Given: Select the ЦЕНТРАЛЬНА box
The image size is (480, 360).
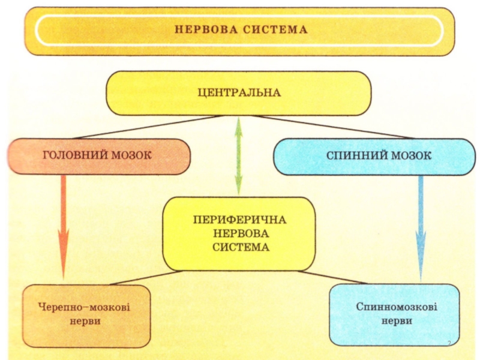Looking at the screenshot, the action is (239, 93).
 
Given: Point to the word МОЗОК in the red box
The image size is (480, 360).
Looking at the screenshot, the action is (131, 155).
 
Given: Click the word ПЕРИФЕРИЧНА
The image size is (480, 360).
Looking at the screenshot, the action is (239, 220).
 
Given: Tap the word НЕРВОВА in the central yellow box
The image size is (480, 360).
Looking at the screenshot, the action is (241, 233).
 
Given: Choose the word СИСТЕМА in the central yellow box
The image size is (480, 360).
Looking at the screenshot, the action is (241, 247).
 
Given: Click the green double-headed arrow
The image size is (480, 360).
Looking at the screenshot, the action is (239, 155).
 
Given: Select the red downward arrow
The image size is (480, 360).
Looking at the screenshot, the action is (64, 227).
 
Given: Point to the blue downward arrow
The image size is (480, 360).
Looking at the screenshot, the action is (421, 228).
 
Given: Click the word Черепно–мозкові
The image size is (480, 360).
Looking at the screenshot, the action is (84, 307).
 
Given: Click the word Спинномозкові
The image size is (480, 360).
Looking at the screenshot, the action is (397, 307).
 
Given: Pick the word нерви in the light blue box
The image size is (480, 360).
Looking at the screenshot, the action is (397, 321).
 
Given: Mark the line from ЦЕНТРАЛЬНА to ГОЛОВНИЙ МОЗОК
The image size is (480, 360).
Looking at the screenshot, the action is (149, 127).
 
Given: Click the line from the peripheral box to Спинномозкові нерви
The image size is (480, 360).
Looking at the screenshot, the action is (332, 277).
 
